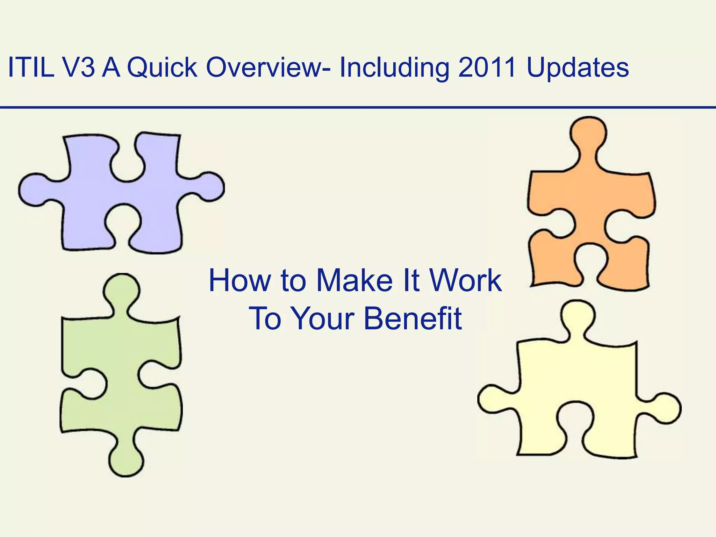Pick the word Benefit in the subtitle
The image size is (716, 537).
413,318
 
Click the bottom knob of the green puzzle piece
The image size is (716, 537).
126,461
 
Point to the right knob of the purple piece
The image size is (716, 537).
210,187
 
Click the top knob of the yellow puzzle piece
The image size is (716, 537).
578,316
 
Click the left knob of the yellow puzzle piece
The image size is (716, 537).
493,400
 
